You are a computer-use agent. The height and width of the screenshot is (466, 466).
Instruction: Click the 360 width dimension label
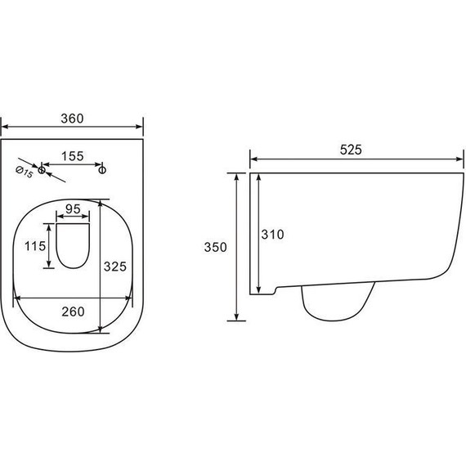click(x=72, y=119)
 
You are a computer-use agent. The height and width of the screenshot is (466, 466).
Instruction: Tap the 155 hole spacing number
click(x=73, y=156)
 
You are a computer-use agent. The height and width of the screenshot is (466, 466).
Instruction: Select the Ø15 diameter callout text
click(x=24, y=173)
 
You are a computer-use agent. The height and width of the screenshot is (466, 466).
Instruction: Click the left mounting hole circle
click(x=42, y=170)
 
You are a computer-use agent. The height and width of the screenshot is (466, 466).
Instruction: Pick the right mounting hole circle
click(x=102, y=170)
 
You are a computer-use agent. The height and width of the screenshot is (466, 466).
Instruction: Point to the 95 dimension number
click(x=73, y=209)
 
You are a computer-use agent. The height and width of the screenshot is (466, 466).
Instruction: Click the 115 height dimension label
click(x=35, y=246)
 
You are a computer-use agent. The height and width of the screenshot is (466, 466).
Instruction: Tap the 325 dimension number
click(x=115, y=267)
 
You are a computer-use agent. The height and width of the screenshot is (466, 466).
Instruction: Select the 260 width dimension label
click(x=73, y=311)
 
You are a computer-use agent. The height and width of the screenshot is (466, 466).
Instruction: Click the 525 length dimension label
click(x=351, y=150)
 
